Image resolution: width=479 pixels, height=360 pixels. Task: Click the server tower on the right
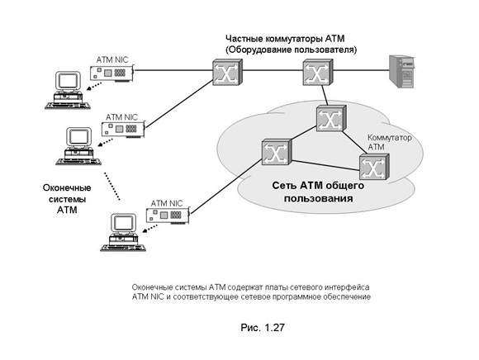click(x=401, y=72)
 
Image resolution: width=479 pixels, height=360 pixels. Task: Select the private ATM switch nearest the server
click(x=318, y=72)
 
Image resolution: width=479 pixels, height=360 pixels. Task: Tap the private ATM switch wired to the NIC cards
click(x=227, y=72)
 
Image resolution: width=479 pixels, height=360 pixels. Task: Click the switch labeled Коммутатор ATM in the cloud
click(x=374, y=167)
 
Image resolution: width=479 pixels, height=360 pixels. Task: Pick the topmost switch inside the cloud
click(x=331, y=118)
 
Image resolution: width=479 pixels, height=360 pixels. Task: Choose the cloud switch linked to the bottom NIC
click(x=277, y=152)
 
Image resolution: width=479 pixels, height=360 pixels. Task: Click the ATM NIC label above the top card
click(x=112, y=59)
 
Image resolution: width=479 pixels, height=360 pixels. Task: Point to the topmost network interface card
click(x=112, y=73)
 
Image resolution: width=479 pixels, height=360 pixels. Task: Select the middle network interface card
click(x=123, y=129)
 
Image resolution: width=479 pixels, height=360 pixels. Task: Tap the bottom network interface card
click(x=168, y=216)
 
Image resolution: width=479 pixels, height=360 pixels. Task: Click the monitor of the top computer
click(x=68, y=81)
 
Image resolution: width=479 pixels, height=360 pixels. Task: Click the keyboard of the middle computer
click(x=78, y=161)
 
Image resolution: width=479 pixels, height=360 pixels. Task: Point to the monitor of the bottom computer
click(x=124, y=223)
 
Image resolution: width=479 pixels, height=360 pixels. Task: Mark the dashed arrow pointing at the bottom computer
click(x=149, y=228)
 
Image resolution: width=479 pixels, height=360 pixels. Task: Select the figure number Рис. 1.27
click(x=263, y=328)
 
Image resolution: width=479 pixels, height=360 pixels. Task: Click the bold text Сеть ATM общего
click(x=318, y=185)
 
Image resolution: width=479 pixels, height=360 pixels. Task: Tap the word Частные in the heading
click(x=244, y=39)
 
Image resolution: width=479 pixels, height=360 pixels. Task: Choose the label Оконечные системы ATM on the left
click(x=67, y=199)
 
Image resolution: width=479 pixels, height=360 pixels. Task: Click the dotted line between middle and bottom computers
click(x=111, y=187)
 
